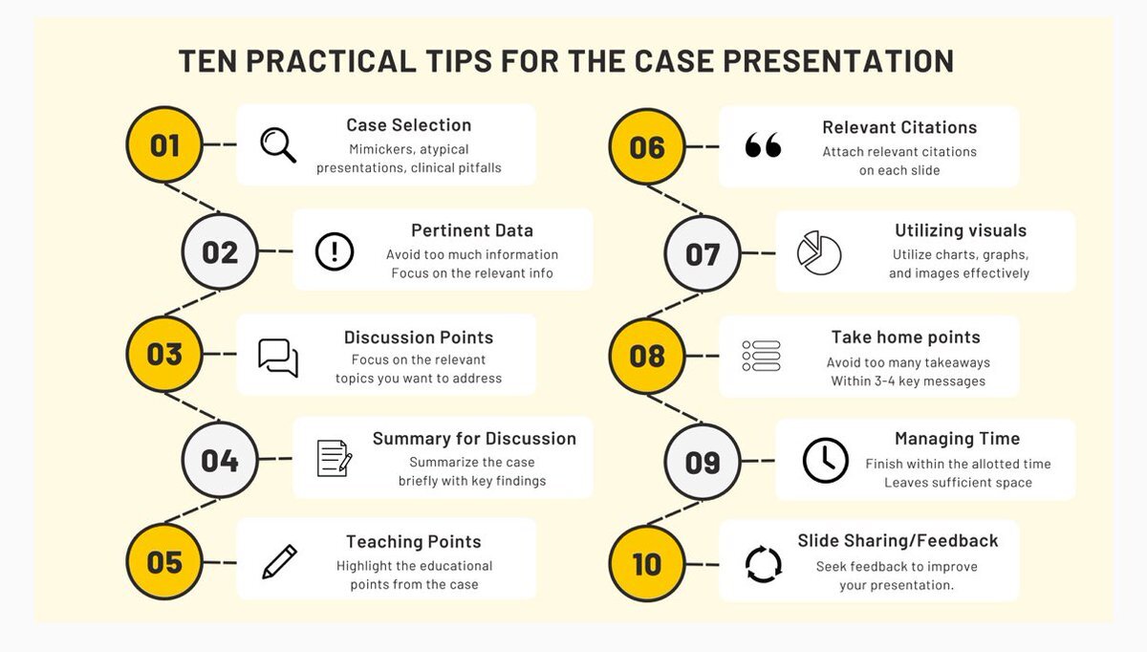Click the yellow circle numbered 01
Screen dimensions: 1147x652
click(x=164, y=145)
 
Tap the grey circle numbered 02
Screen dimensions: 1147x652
click(x=220, y=251)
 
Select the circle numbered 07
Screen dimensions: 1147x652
click(x=703, y=253)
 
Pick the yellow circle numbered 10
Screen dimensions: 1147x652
click(x=647, y=563)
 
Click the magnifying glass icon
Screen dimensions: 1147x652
click(x=278, y=145)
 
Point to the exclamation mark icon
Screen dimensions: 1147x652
click(x=335, y=251)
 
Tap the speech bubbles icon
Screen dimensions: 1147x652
click(x=278, y=358)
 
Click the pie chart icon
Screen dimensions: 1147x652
click(x=819, y=252)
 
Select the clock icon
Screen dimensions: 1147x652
click(x=825, y=461)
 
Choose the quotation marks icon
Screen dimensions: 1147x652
click(x=763, y=144)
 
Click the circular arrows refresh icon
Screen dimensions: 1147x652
click(x=764, y=564)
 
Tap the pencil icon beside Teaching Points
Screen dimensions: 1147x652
click(x=279, y=562)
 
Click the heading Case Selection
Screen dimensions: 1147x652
click(x=409, y=125)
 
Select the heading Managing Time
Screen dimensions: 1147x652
click(x=957, y=439)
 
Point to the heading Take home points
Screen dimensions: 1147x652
click(x=906, y=337)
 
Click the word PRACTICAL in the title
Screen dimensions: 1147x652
click(x=331, y=61)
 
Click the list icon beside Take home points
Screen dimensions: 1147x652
click(x=761, y=356)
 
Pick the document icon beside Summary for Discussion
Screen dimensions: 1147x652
click(x=335, y=458)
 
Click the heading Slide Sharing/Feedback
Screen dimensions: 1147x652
click(x=898, y=540)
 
